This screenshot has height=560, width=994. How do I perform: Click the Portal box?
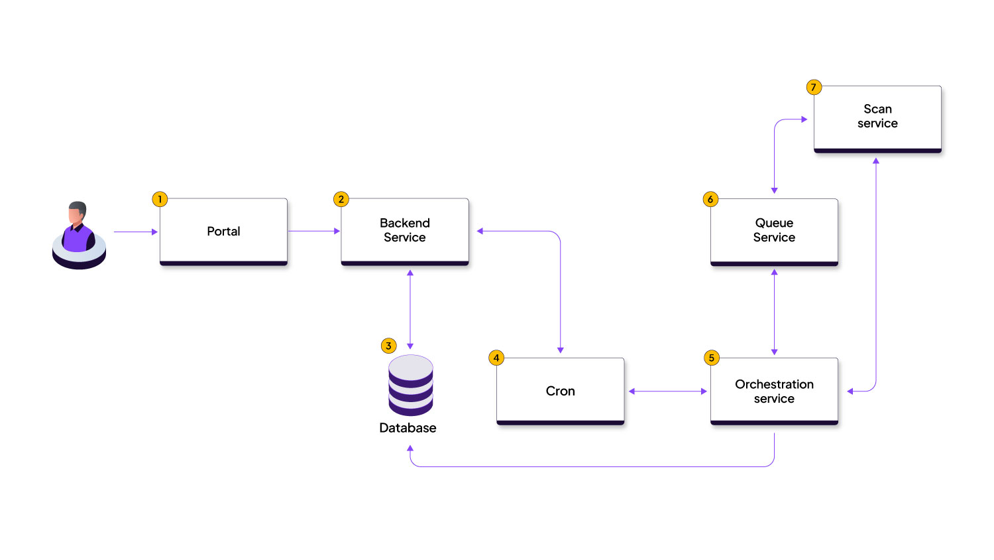click(223, 231)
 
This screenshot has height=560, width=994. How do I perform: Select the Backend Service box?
click(404, 231)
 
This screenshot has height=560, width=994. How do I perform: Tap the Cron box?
click(560, 391)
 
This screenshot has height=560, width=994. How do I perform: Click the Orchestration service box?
click(774, 391)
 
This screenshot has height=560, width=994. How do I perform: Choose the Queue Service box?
click(774, 231)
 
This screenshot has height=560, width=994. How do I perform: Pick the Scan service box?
click(877, 117)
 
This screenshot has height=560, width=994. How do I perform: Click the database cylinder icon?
click(410, 385)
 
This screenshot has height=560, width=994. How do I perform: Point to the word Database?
click(408, 428)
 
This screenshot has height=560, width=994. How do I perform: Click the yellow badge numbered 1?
click(160, 199)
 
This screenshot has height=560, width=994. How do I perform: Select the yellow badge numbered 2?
click(341, 199)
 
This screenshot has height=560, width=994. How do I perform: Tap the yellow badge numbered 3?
click(389, 346)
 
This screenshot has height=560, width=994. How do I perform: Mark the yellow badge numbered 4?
click(496, 358)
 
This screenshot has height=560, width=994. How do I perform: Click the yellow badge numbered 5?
click(712, 358)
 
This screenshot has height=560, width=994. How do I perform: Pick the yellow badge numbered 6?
click(710, 199)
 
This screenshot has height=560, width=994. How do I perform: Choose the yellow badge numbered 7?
click(814, 87)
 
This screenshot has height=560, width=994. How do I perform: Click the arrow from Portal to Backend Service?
click(313, 231)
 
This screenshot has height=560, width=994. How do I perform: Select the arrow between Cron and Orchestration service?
click(667, 391)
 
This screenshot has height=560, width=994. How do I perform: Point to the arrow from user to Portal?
click(135, 232)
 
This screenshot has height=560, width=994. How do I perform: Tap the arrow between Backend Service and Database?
click(410, 309)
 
